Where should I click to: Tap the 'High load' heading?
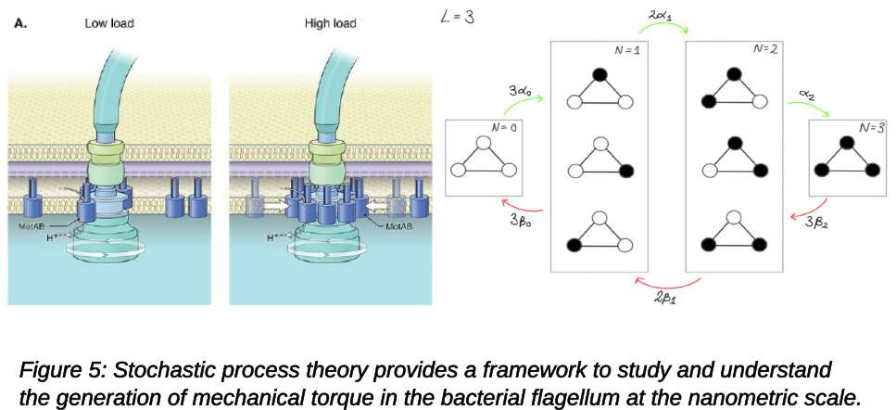(331, 22)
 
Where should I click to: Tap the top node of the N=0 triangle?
(481, 144)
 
